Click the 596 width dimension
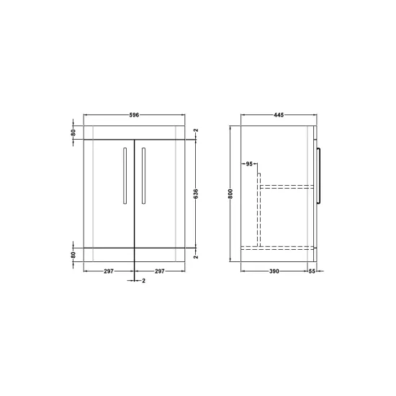pyautogui.click(x=134, y=115)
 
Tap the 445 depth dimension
pyautogui.click(x=279, y=115)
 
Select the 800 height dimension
pyautogui.click(x=230, y=194)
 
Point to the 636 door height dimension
pyautogui.click(x=196, y=194)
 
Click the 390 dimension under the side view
pyautogui.click(x=274, y=271)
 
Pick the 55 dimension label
pyautogui.click(x=312, y=271)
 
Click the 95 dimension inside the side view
pyautogui.click(x=249, y=164)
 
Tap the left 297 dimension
pyautogui.click(x=109, y=271)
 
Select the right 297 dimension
pyautogui.click(x=160, y=271)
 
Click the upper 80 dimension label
pyautogui.click(x=73, y=132)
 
